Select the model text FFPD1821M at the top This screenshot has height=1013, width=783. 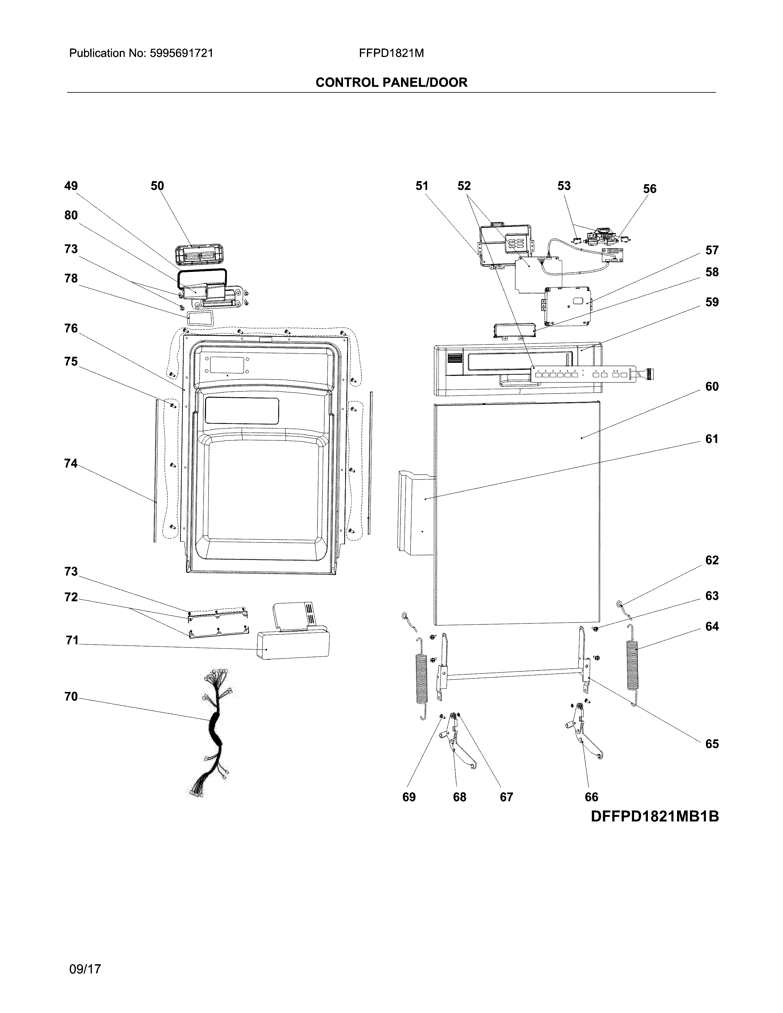391,53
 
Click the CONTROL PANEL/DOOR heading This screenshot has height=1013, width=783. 391,83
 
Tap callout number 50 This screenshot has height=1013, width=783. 157,186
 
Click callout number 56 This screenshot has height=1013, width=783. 649,189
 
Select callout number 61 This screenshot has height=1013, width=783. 711,439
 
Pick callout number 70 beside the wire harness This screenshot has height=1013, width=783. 71,697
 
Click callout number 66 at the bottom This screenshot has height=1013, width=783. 591,797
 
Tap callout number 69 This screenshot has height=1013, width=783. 409,797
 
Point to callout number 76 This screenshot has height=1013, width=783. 71,328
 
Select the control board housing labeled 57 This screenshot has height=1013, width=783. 568,305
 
